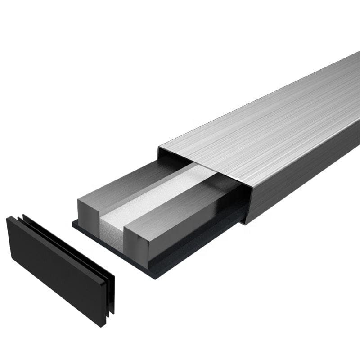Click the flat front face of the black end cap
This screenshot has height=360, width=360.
[54, 270]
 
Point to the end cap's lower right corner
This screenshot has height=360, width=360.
[105, 325]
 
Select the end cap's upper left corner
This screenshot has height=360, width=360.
[8, 218]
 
